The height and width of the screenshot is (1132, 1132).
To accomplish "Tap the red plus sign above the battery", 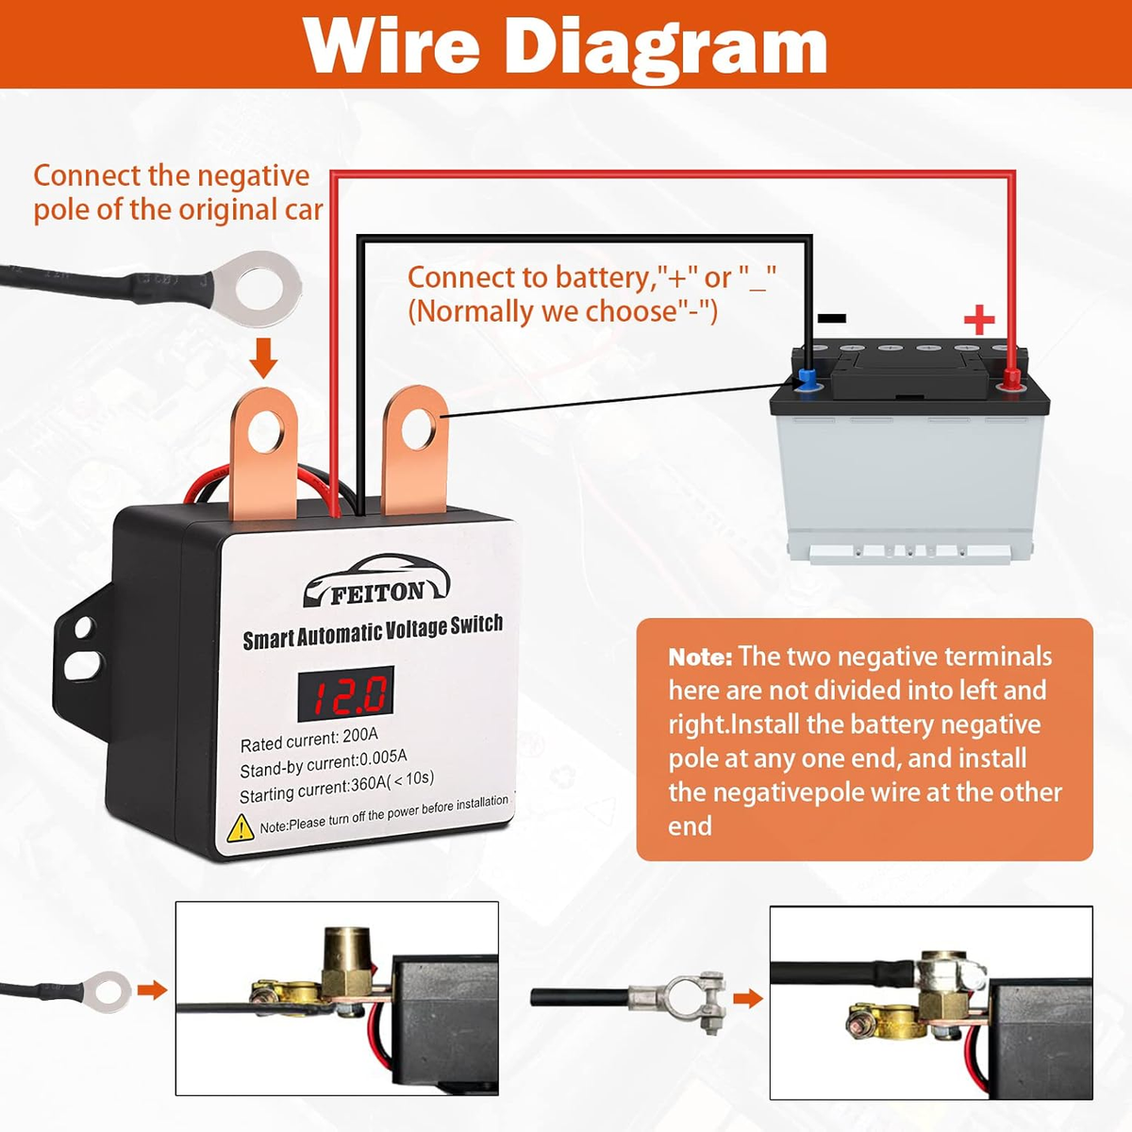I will [979, 320].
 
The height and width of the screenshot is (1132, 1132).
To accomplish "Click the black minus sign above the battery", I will [831, 319].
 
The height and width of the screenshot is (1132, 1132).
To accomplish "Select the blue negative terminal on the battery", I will [807, 380].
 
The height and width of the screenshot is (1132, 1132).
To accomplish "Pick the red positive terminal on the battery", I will [1011, 380].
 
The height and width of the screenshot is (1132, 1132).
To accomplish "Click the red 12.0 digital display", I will [345, 694].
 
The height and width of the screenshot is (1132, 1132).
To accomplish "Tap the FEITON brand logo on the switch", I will [377, 583].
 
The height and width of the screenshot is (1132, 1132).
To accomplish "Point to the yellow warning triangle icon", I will [241, 828].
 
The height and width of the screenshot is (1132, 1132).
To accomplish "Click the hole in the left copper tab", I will [264, 434].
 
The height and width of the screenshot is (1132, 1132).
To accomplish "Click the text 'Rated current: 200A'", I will [309, 740].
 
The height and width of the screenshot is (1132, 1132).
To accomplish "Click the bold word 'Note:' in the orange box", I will [700, 658].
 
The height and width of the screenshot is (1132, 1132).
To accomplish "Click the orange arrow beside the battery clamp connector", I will [748, 998].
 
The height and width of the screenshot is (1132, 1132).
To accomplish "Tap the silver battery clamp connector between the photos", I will [684, 998].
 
